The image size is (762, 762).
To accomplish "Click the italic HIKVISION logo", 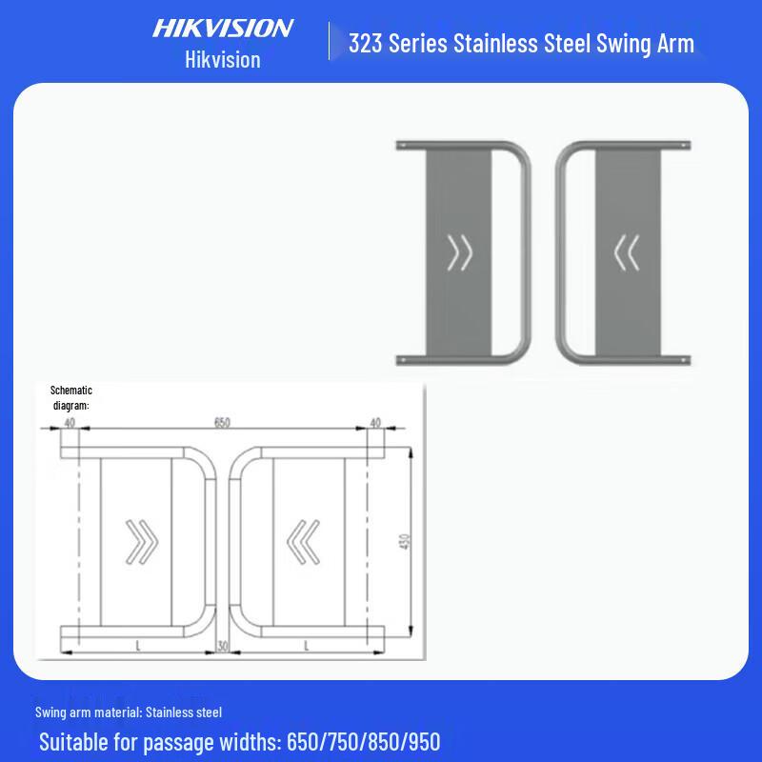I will (223, 28).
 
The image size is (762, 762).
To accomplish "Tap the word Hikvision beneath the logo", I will (222, 59).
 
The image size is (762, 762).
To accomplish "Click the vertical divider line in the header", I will (330, 42).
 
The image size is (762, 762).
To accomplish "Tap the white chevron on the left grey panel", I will (460, 252).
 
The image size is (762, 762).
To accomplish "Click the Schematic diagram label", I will (70, 398).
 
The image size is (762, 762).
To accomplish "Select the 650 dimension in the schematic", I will (222, 422).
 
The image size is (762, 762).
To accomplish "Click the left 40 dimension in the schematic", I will (70, 422).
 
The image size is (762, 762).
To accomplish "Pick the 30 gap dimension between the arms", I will (222, 646).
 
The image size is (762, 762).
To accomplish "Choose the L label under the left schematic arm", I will (139, 646).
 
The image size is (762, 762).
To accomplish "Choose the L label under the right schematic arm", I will (306, 646).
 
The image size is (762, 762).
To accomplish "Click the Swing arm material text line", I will (129, 712).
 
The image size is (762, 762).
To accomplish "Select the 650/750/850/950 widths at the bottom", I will (363, 741).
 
